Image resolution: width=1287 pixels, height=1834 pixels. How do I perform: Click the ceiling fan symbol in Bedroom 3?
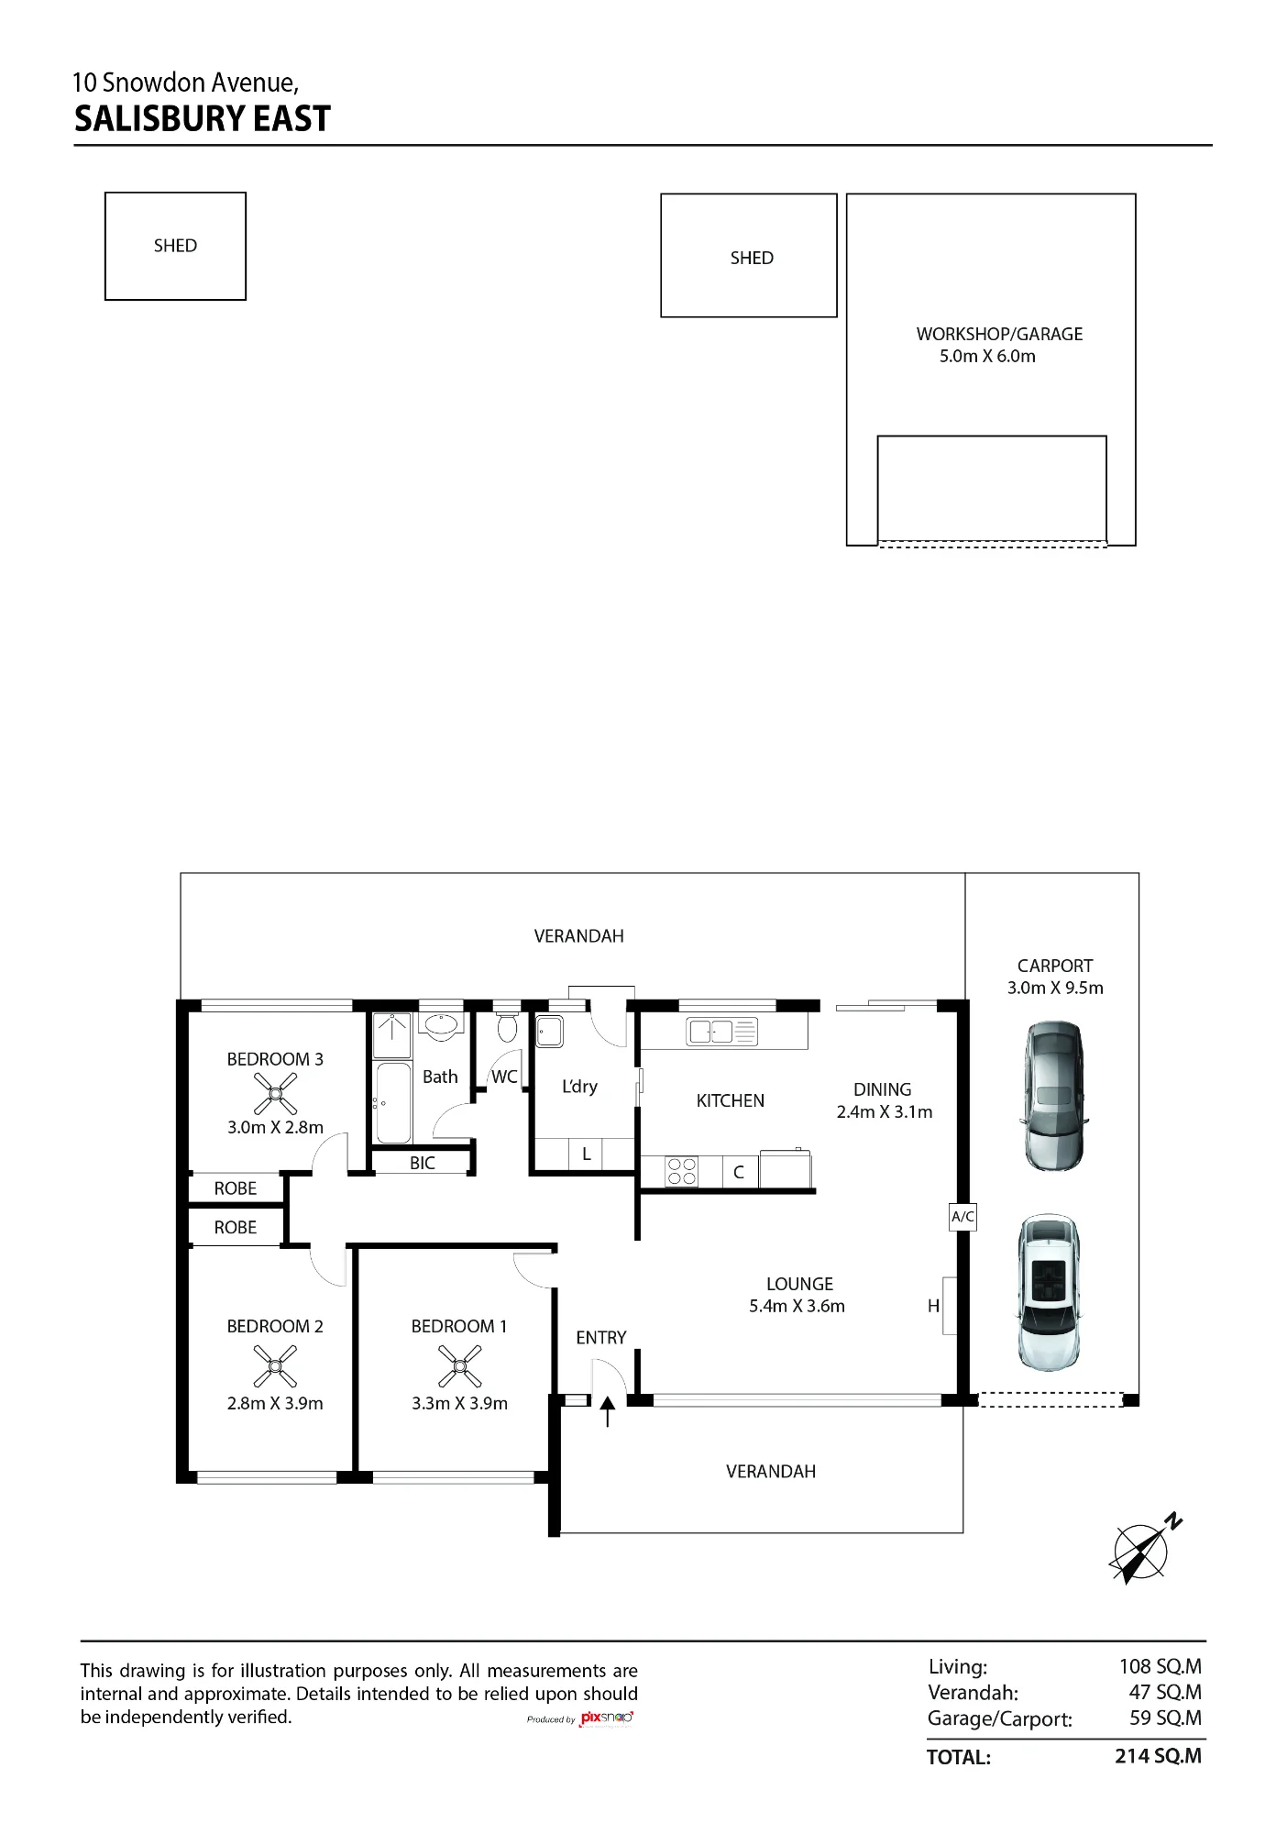(x=275, y=1094)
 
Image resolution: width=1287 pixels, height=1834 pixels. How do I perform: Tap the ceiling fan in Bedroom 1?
(x=459, y=1365)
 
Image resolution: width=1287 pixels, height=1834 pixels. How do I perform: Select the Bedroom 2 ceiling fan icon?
(x=275, y=1365)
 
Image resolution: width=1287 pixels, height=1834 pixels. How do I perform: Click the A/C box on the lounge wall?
(x=962, y=1217)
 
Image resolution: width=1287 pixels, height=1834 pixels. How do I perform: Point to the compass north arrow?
(x=1145, y=1551)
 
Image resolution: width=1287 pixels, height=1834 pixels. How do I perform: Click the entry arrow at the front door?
(x=607, y=1412)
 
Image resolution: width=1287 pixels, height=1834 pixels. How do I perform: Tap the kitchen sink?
(x=721, y=1032)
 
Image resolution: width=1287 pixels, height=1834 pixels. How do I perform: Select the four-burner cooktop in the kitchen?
(x=681, y=1171)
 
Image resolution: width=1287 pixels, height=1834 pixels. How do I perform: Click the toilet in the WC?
(x=507, y=1026)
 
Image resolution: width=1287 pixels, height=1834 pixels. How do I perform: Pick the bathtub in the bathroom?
(x=393, y=1102)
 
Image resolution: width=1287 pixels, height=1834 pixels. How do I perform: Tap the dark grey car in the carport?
(x=1053, y=1096)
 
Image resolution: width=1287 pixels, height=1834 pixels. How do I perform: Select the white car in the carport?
(x=1050, y=1293)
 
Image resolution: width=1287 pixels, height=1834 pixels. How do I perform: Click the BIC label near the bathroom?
(x=423, y=1163)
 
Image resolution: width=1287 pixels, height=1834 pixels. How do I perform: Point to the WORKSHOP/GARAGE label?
(x=999, y=334)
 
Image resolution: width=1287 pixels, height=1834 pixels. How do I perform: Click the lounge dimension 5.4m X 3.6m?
(x=797, y=1306)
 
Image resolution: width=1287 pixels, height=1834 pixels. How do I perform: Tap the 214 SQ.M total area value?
(x=1158, y=1756)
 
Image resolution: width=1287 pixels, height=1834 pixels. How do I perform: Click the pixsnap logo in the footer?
(x=607, y=1718)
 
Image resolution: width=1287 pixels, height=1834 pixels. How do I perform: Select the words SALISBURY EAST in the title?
(x=202, y=119)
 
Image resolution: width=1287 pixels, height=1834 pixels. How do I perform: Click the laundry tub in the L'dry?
(x=549, y=1032)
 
